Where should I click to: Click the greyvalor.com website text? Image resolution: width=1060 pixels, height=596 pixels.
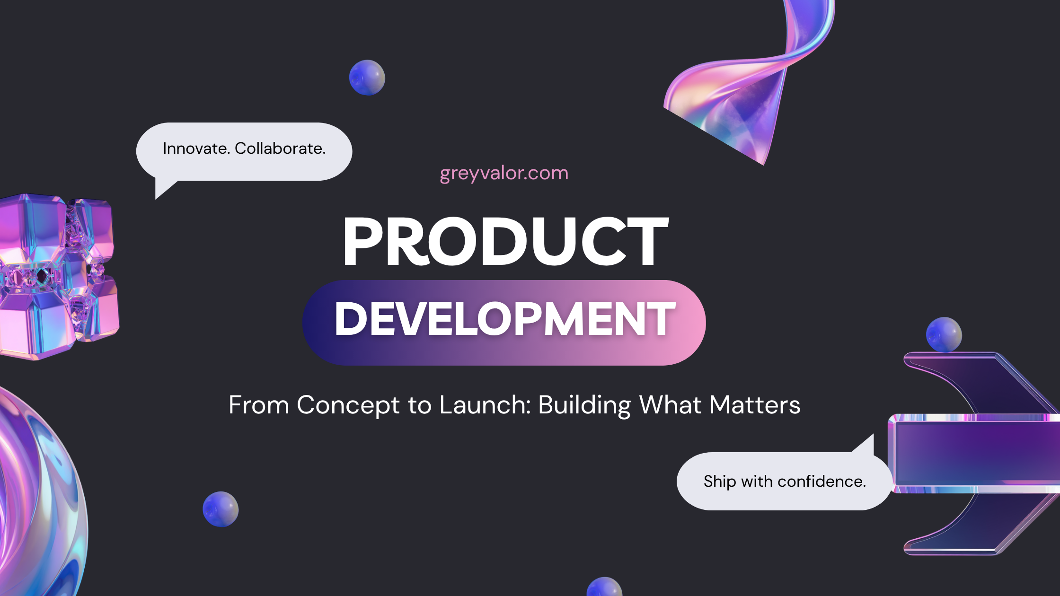click(504, 174)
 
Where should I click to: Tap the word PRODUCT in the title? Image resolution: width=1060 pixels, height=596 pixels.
click(505, 241)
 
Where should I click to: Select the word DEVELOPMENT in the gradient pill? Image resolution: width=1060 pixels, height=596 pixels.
click(505, 319)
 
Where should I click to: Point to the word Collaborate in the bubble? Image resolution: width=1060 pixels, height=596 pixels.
click(280, 149)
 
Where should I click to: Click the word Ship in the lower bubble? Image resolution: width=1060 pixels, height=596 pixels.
click(720, 482)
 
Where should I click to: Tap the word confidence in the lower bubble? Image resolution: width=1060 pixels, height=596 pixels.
click(821, 482)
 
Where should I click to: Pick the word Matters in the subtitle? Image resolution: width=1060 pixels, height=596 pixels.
click(755, 405)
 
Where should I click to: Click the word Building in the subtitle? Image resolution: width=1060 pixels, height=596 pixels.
click(585, 406)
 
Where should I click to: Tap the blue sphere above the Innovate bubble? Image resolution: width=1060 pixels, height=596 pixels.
click(367, 78)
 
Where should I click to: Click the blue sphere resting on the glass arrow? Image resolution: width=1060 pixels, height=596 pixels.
click(944, 335)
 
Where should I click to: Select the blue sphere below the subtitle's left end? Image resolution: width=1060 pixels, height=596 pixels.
click(221, 509)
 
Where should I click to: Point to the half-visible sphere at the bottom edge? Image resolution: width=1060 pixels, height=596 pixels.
click(604, 587)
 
